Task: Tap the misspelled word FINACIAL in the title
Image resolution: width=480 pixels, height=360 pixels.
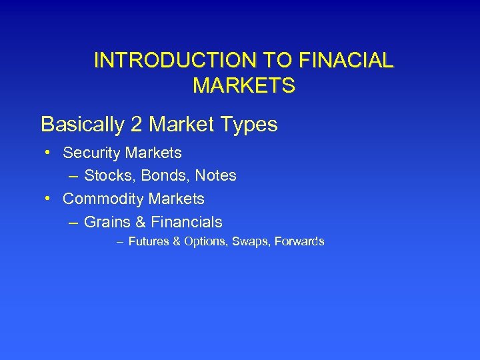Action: click(x=347, y=61)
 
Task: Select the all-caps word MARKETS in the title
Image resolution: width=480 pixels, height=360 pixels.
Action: click(x=243, y=86)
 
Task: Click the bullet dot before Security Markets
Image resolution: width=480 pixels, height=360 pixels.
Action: click(x=49, y=153)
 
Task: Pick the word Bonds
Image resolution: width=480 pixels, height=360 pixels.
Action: click(x=163, y=176)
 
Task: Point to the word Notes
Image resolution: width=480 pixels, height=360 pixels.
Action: click(x=215, y=176)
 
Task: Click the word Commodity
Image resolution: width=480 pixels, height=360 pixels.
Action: click(x=103, y=199)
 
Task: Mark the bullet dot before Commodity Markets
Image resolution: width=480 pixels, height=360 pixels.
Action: click(x=49, y=199)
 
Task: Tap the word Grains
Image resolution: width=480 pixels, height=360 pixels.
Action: click(x=107, y=222)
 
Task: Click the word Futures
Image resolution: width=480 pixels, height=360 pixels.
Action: click(x=149, y=241)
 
